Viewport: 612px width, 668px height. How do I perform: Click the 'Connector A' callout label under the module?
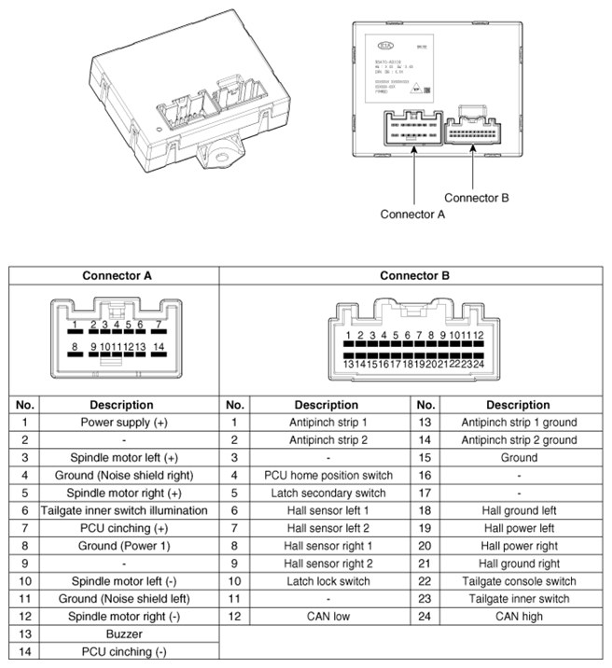click(412, 214)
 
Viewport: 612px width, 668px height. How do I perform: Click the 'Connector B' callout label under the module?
click(476, 198)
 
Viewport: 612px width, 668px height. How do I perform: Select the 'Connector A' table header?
click(117, 276)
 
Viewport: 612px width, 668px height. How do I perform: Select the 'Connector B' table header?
click(414, 276)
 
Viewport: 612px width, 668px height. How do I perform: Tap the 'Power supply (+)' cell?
click(125, 423)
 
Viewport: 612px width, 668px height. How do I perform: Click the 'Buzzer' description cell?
click(125, 634)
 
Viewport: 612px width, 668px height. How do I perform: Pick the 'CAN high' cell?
click(519, 617)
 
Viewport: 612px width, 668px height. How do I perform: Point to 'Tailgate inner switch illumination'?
click(125, 510)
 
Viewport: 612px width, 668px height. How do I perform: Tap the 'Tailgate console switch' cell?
click(519, 581)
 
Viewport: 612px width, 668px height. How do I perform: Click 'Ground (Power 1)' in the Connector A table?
click(125, 546)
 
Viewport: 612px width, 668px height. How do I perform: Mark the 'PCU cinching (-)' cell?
click(125, 652)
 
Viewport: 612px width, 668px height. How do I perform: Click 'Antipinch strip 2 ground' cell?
click(519, 440)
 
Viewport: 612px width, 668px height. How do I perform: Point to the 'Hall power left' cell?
click(519, 528)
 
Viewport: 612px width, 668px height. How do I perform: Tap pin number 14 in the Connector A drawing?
click(160, 347)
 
